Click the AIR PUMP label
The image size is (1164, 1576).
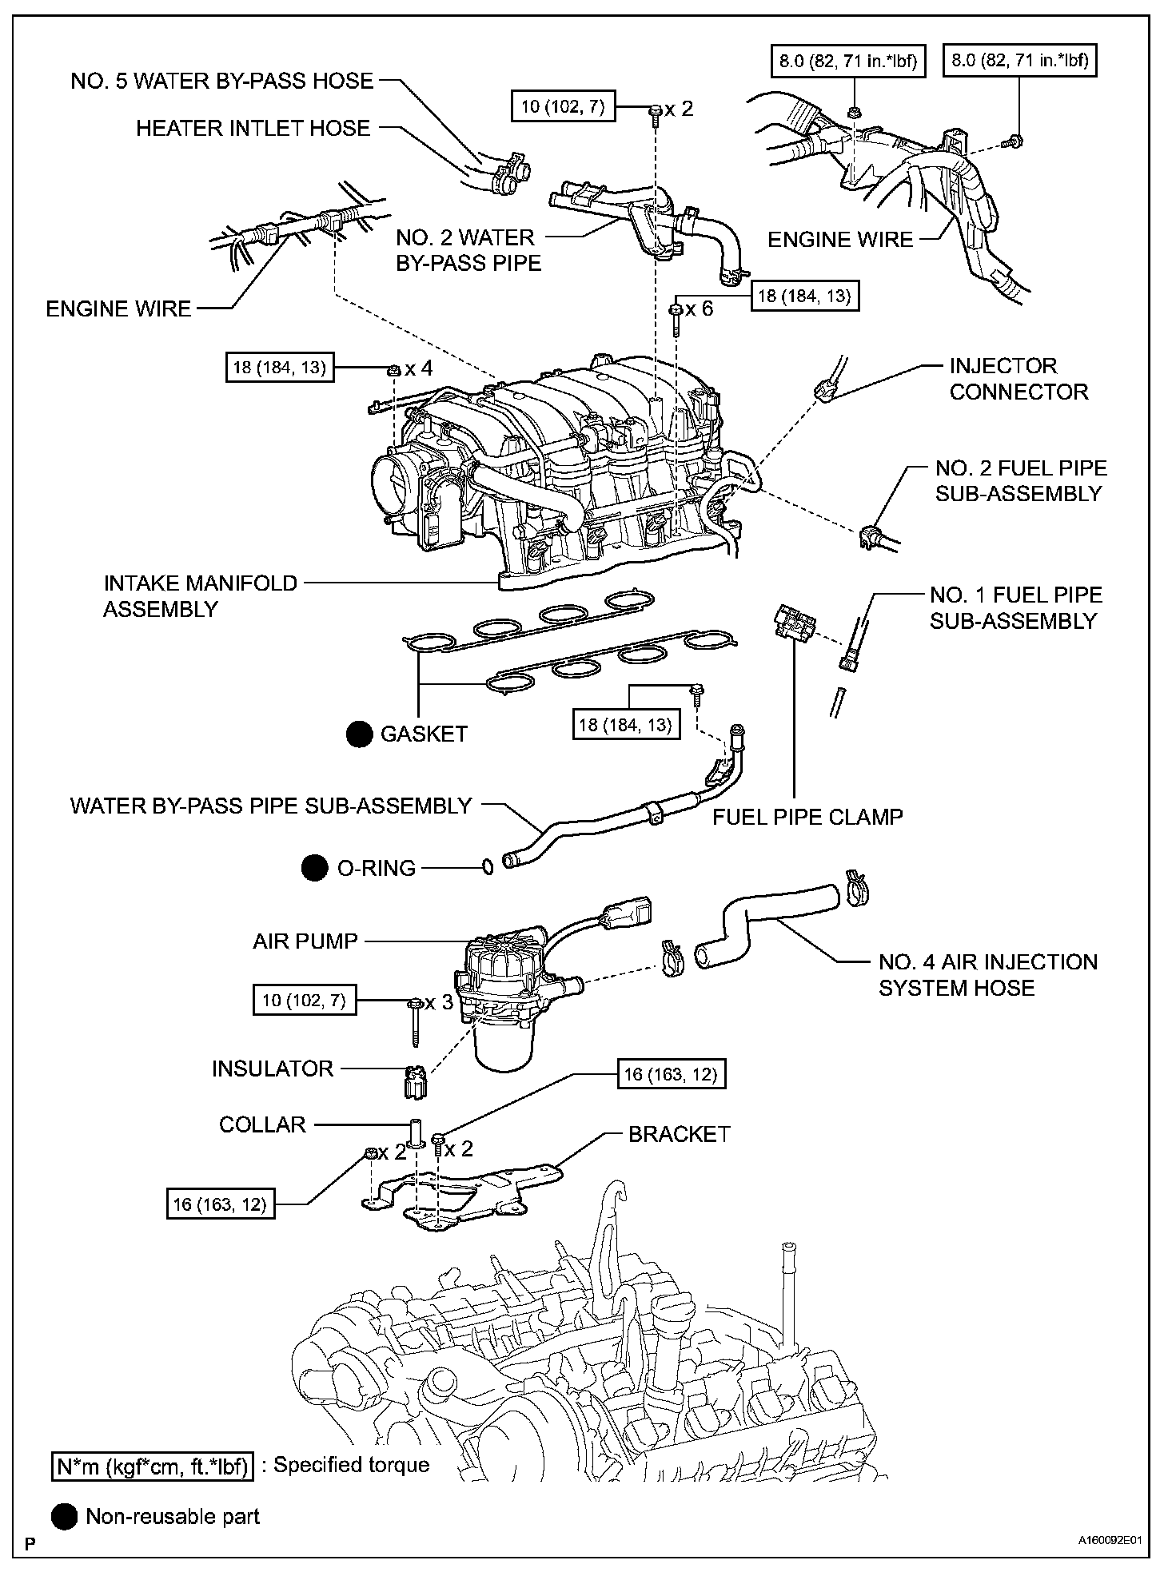pos(305,941)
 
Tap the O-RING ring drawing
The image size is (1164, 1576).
pos(487,866)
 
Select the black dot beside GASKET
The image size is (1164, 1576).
pos(359,734)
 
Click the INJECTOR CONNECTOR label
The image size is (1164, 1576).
pos(1019,379)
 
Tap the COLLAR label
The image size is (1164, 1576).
pos(263,1124)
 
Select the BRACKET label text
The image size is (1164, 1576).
pos(680,1134)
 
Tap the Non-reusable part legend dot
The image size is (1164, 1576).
pos(65,1516)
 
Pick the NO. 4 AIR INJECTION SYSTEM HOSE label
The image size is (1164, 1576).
pos(988,975)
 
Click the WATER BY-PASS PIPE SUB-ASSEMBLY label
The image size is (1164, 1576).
pos(271,806)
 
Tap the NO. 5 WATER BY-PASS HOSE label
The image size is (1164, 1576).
pos(222,81)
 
